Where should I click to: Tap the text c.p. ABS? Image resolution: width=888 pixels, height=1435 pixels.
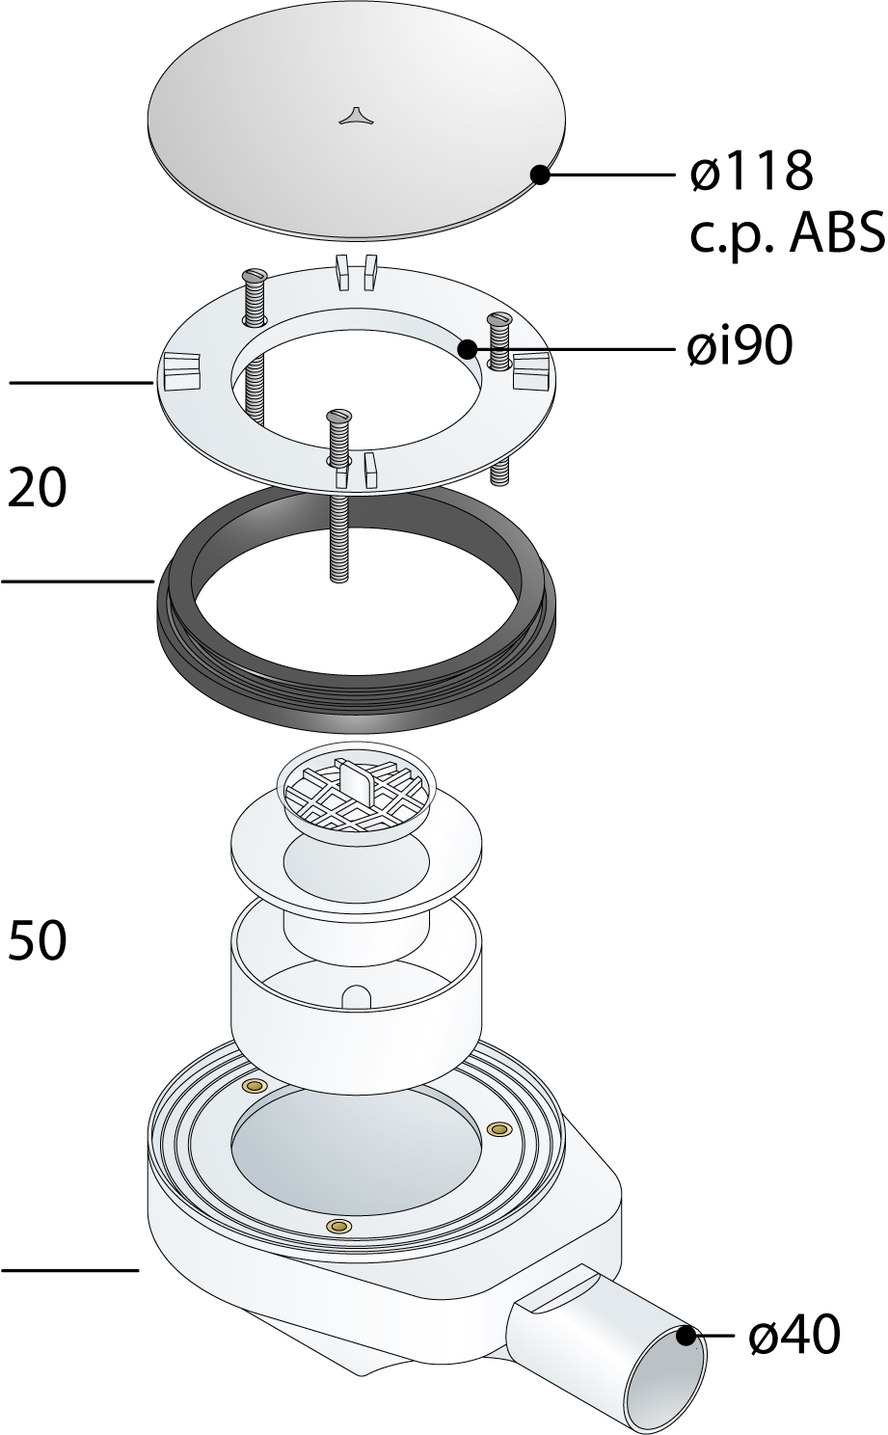click(x=788, y=234)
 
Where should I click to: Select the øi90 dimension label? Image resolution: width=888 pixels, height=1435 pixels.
click(x=740, y=346)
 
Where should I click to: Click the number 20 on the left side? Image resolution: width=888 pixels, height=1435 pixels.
click(x=37, y=488)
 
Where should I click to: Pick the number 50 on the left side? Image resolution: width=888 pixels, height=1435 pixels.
click(x=37, y=940)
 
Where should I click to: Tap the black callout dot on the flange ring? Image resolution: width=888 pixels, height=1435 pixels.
click(x=468, y=349)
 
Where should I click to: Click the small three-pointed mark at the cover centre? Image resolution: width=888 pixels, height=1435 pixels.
click(x=354, y=116)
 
